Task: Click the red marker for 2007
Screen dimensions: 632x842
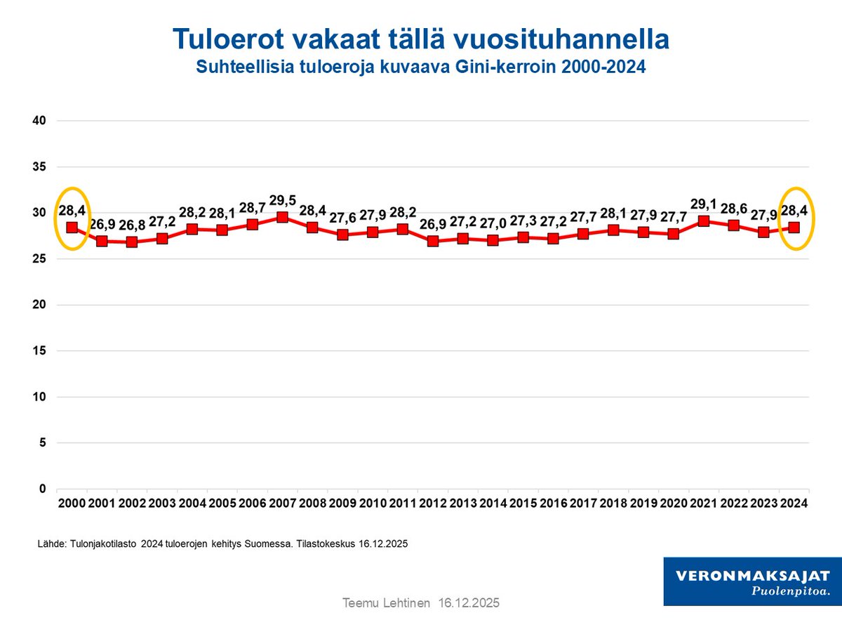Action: pos(282,218)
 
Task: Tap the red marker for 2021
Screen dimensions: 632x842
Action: pos(704,221)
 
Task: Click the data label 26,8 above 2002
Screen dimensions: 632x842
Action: pos(132,226)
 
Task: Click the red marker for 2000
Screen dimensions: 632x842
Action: pos(72,228)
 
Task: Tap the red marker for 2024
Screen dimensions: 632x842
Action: pos(794,228)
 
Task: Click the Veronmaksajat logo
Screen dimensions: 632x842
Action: pos(752,581)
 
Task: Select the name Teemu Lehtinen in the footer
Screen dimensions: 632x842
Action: pos(386,603)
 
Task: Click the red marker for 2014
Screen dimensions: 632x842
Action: pos(493,240)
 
